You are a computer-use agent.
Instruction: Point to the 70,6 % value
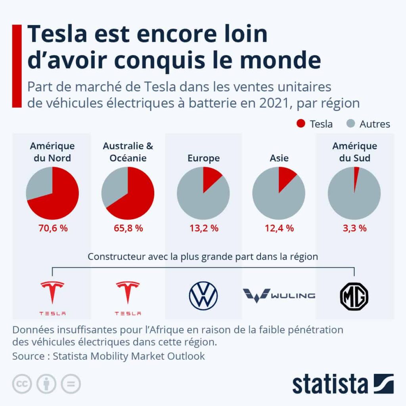[x=52, y=228]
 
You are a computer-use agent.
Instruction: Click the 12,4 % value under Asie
[x=279, y=228]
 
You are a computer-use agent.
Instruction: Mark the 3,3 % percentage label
[x=354, y=228]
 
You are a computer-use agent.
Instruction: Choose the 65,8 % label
[x=128, y=228]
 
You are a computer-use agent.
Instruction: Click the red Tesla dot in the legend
[x=301, y=124]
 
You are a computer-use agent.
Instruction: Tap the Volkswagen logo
[x=203, y=295]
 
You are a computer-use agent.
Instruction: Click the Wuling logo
[x=279, y=295]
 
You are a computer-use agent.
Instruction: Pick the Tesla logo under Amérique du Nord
[x=52, y=297]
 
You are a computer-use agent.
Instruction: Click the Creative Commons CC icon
[x=23, y=384]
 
